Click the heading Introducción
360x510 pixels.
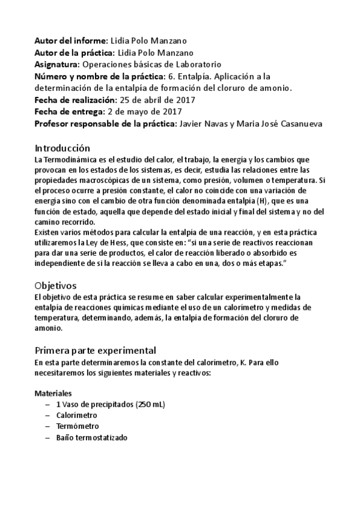point(62,148)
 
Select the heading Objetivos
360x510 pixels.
point(55,284)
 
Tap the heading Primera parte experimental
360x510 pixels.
point(96,350)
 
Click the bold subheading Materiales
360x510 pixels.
point(53,393)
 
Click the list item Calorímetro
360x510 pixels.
point(76,416)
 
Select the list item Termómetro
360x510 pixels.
point(76,427)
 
